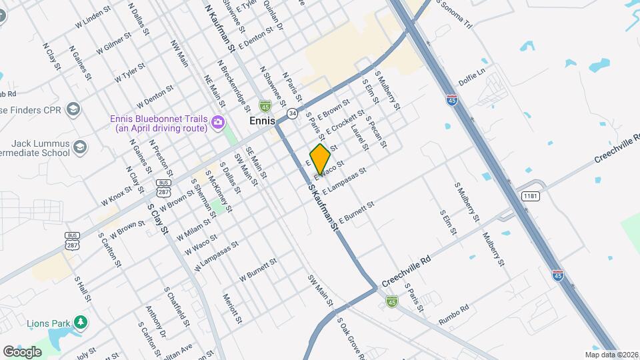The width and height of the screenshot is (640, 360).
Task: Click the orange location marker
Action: (321, 158)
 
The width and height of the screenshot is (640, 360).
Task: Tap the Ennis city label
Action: (262, 121)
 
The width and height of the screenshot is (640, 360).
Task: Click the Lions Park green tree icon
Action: (81, 323)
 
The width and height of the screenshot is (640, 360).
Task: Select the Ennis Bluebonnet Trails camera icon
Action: (217, 123)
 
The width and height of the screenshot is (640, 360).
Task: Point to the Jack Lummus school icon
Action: (80, 147)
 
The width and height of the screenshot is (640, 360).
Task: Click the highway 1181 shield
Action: (531, 196)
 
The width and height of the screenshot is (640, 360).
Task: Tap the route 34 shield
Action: (292, 113)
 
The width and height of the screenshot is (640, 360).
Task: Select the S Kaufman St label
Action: (324, 209)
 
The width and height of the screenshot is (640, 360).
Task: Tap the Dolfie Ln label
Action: (471, 77)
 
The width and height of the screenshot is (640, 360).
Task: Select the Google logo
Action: (22, 351)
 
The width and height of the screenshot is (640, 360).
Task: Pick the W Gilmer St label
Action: (113, 46)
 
